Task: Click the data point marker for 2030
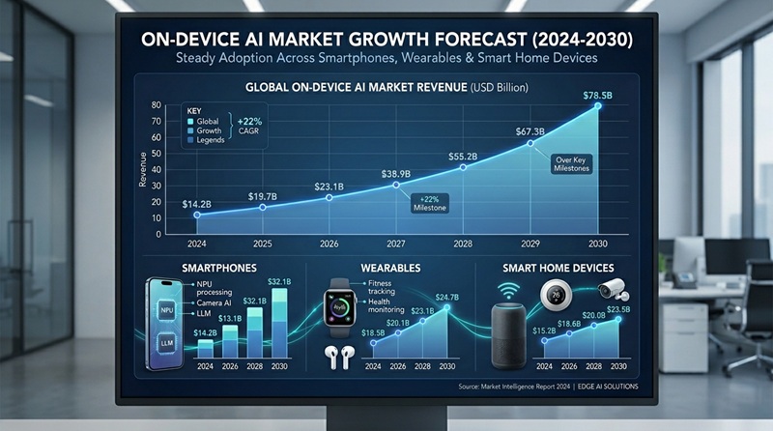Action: [x=598, y=105]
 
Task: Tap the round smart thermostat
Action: [x=555, y=294]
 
